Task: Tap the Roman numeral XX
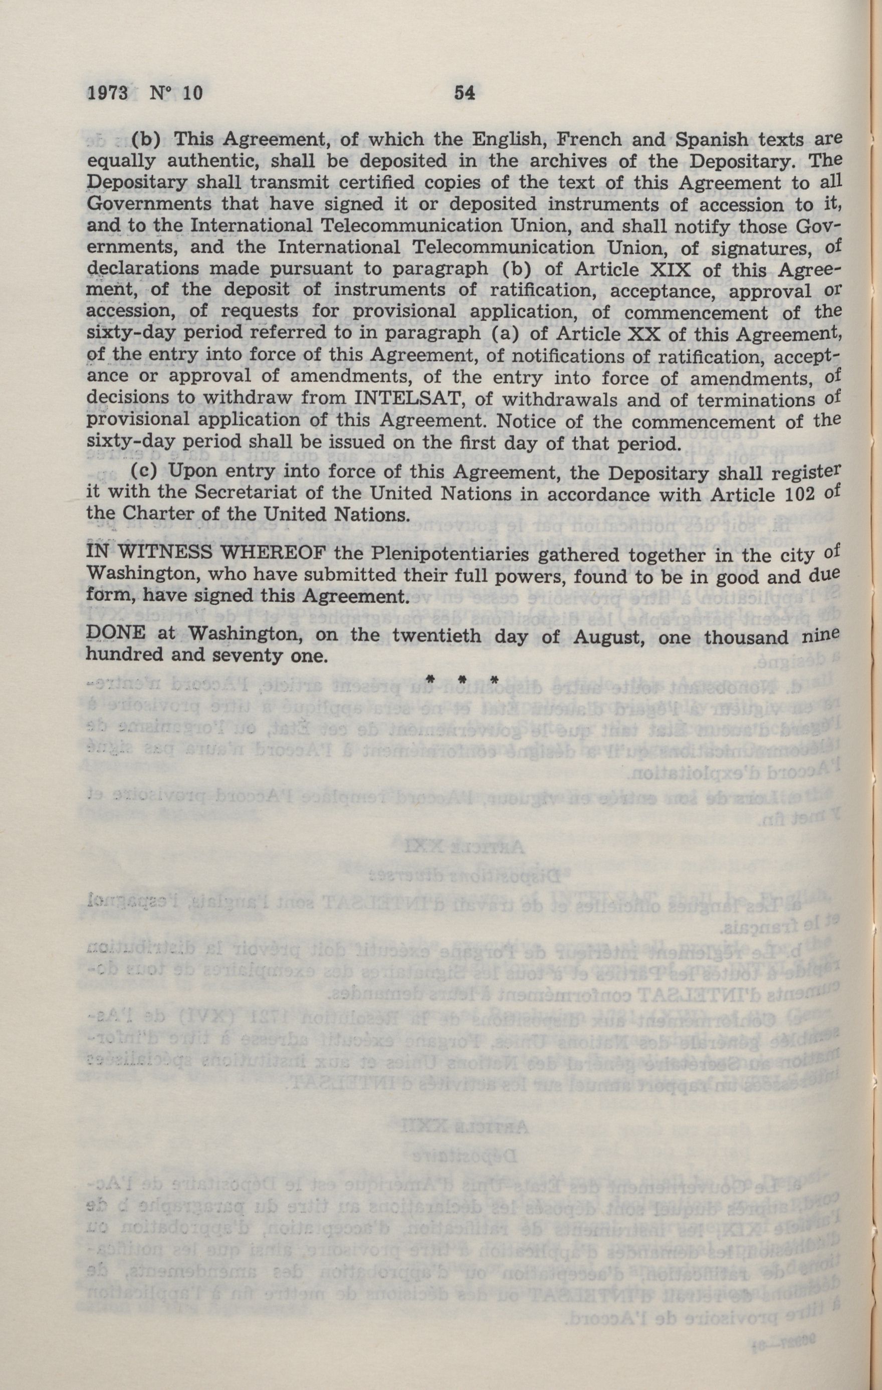click(x=653, y=334)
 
